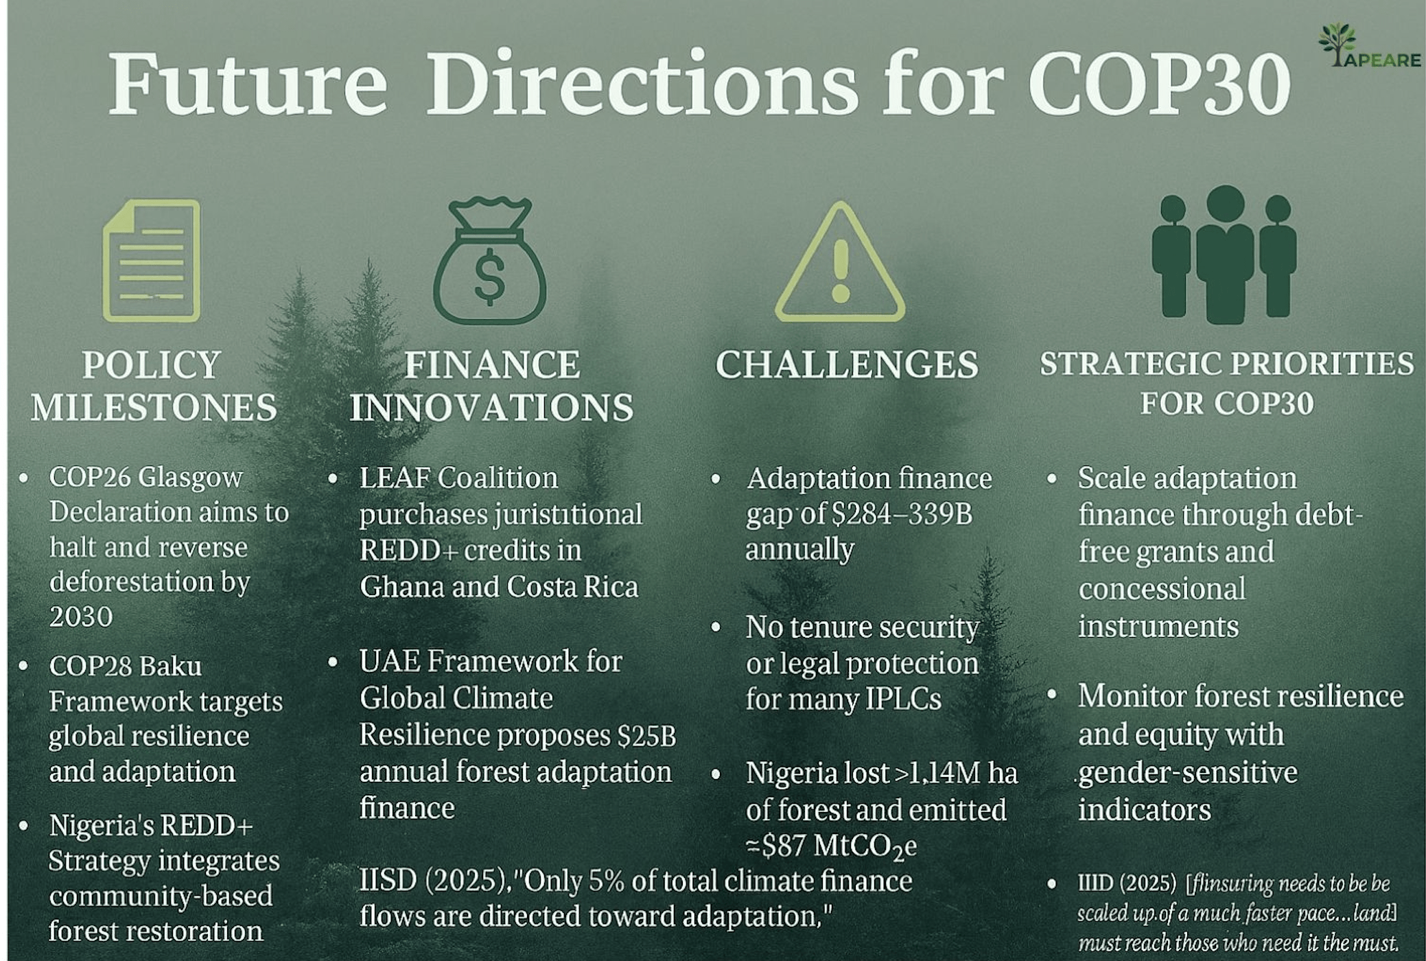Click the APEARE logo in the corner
[1370, 45]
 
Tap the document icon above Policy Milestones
[152, 261]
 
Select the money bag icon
[489, 260]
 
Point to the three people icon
[1224, 254]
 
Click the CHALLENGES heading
[847, 364]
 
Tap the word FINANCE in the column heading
[492, 364]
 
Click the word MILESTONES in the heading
[154, 407]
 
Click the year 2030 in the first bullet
[81, 616]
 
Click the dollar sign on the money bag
[489, 276]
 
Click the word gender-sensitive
[1188, 773]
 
